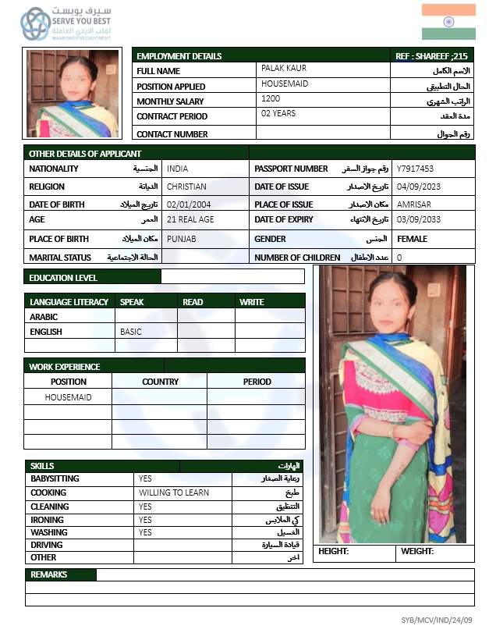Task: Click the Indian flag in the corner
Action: (x=448, y=22)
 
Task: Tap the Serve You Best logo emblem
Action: (x=35, y=24)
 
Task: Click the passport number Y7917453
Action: (x=415, y=169)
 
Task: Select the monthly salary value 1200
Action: (x=271, y=99)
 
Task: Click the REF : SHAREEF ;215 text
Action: (x=432, y=56)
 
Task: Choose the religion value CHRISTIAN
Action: (x=186, y=187)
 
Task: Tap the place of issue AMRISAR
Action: (x=413, y=204)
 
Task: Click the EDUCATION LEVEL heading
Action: (x=63, y=278)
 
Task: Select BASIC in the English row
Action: (x=131, y=332)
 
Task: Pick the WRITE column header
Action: (x=252, y=302)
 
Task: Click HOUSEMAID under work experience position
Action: (x=68, y=397)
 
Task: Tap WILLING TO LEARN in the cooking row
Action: (x=174, y=492)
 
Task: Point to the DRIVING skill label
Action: (x=46, y=545)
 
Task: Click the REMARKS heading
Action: (x=48, y=574)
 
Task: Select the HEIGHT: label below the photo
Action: (x=333, y=552)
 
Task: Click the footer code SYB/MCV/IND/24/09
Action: (x=442, y=620)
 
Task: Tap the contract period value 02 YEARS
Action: (x=278, y=114)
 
